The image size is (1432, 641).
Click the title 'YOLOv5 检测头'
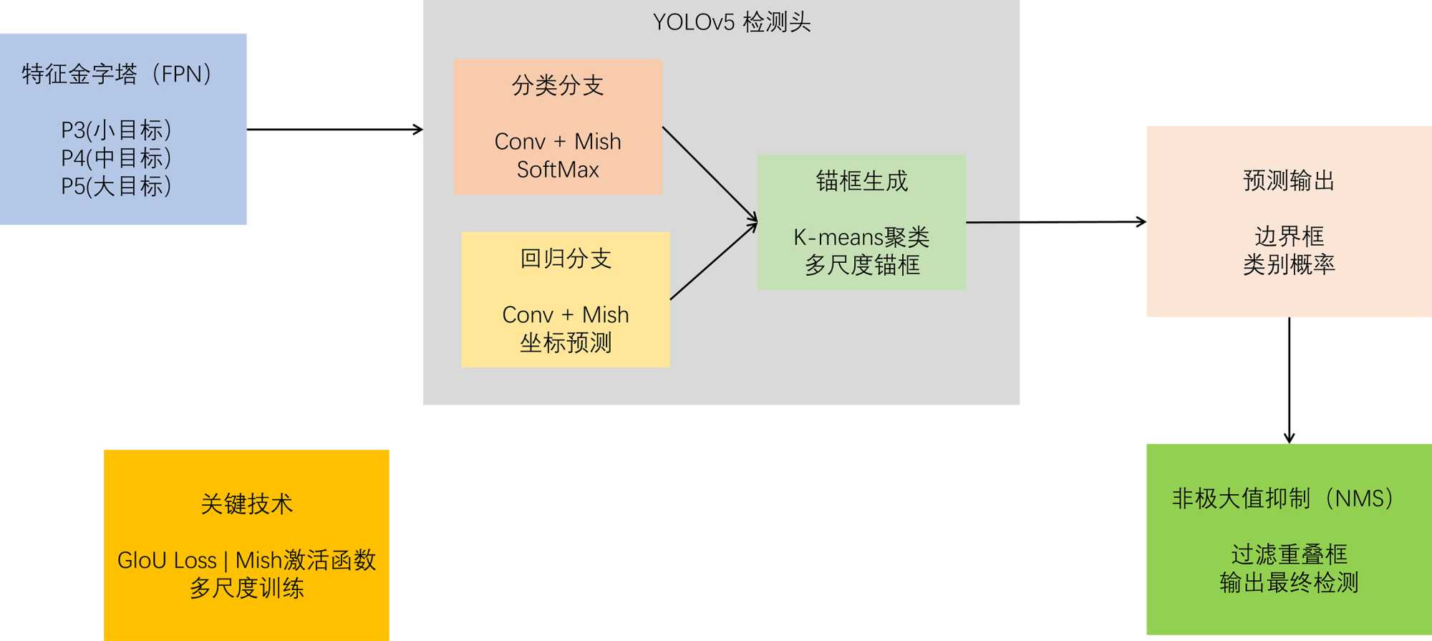[731, 22]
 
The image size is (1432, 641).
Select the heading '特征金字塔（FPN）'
[119, 74]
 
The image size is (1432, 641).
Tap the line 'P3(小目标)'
[116, 130]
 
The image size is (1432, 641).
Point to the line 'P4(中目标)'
[116, 158]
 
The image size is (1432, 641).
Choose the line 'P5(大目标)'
[116, 186]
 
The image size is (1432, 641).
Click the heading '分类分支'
[558, 85]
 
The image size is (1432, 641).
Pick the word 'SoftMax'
[558, 170]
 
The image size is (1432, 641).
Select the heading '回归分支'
[566, 259]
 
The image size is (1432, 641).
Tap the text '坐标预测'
[566, 342]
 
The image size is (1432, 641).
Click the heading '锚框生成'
[861, 181]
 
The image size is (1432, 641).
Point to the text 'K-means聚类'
[861, 237]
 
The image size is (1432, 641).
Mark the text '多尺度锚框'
[861, 265]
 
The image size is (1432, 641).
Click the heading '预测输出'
[1289, 180]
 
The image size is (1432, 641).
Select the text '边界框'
[1289, 236]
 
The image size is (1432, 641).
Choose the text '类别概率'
[1289, 264]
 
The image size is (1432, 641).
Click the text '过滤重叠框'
[1289, 554]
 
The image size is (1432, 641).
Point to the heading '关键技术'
[246, 504]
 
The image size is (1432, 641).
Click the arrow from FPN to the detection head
[334, 130]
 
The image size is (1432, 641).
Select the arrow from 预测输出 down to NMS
[1290, 380]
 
